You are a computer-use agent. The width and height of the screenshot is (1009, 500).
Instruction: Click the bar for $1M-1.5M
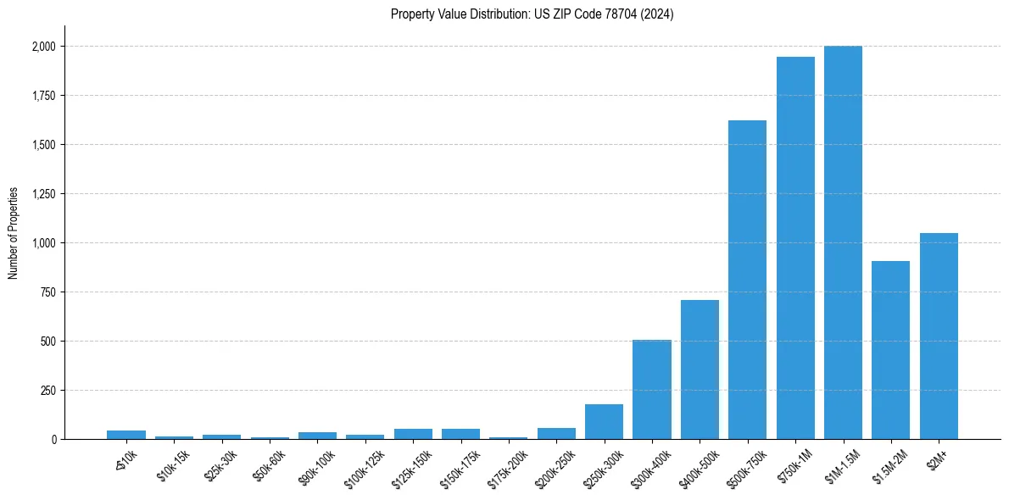843,242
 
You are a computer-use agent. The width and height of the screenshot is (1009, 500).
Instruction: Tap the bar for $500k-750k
747,280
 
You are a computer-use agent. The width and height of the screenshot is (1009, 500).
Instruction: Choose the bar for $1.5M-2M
890,350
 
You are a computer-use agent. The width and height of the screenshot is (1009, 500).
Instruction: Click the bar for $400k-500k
700,369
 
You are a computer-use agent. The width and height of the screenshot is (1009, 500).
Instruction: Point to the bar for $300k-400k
652,390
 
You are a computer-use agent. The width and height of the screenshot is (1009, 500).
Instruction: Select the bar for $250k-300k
604,422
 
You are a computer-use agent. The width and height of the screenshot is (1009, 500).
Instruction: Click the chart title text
532,14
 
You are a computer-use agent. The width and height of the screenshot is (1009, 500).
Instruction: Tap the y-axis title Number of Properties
14,232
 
